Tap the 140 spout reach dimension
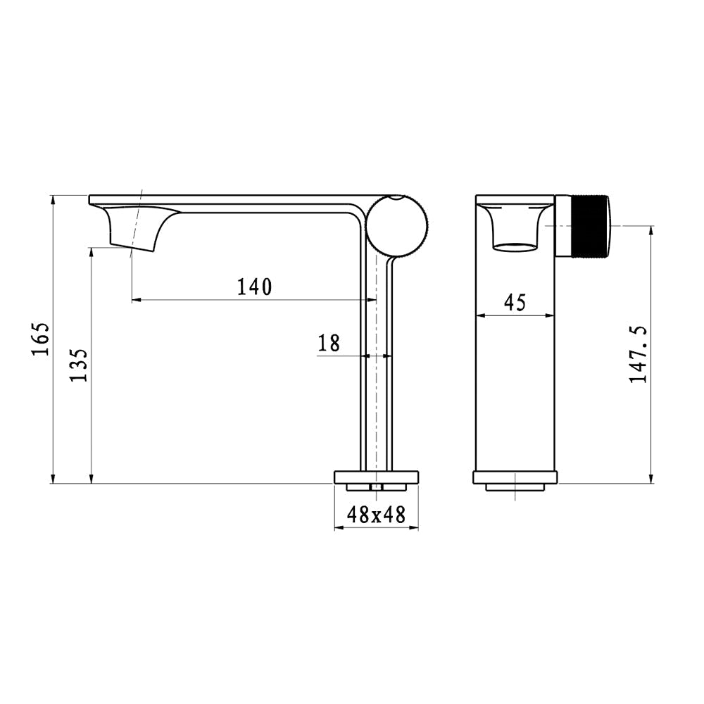point(253,287)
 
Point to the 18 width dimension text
point(329,344)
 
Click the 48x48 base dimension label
point(376,515)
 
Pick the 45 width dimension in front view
point(515,303)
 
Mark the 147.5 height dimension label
point(639,354)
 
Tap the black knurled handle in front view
point(584,226)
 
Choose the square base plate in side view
point(376,477)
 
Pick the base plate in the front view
point(515,477)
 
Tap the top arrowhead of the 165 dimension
point(53,200)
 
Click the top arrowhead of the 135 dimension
point(92,251)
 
